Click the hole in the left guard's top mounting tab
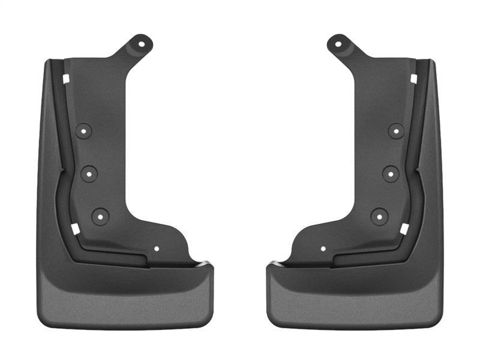click(143, 43)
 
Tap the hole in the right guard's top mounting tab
click(338, 43)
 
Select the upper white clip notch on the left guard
click(66, 78)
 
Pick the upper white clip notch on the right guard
click(414, 78)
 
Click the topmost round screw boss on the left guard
click(83, 130)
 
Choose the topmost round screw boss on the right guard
click(397, 130)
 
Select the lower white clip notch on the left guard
click(75, 229)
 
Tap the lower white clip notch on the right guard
click(405, 229)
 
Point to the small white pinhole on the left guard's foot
click(157, 248)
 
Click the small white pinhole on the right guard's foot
click(323, 248)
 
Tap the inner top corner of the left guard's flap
click(207, 265)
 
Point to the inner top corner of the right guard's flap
click(273, 265)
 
